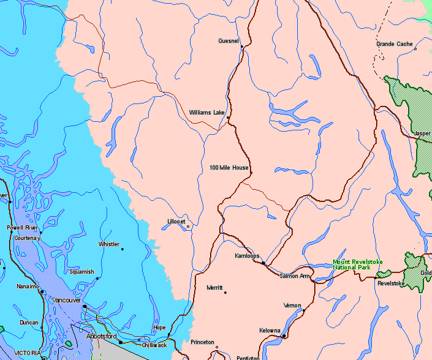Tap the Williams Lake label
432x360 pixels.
207,113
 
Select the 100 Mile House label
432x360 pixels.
229,167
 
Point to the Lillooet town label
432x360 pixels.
176,221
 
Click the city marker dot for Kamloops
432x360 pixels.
263,263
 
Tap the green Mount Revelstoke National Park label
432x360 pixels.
357,265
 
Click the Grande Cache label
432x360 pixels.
394,44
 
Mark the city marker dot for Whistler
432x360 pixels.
123,249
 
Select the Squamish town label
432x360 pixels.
81,272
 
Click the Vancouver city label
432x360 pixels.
67,300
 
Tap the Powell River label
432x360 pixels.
23,227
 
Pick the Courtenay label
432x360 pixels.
26,238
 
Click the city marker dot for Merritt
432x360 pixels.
225,293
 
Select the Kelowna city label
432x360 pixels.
270,329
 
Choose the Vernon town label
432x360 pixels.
292,305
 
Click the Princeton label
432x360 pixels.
202,342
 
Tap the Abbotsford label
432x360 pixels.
102,336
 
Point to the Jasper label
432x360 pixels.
422,133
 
